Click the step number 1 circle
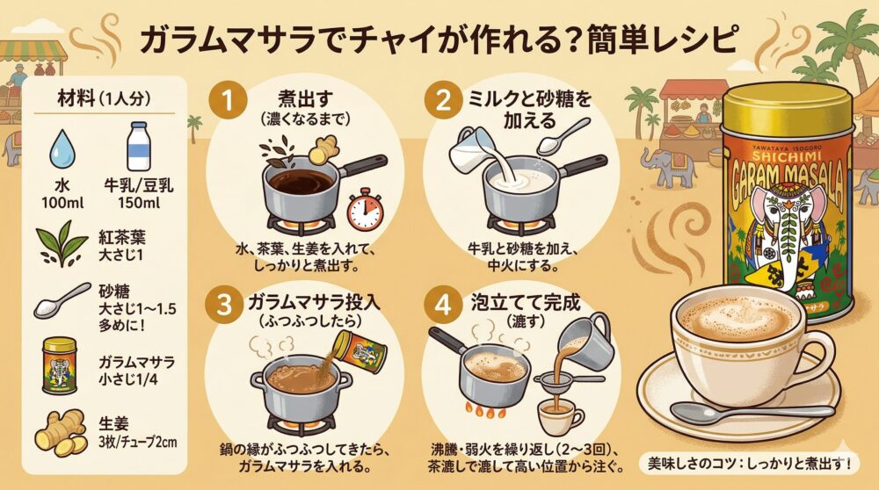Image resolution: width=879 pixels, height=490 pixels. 228,101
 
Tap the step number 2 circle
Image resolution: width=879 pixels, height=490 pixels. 443,101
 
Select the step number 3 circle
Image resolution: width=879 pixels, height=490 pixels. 224,306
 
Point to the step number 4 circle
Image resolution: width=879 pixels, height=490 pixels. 443,306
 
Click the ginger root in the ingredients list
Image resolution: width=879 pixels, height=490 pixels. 61,433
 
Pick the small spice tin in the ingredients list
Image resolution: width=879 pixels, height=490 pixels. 60,365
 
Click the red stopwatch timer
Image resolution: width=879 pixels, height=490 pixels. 366,210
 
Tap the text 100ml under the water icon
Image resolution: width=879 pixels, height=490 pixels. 62,203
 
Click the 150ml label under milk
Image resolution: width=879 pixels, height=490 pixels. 139,203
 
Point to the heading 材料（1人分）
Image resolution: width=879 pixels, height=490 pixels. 105,99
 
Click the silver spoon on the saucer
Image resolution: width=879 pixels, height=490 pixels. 752,413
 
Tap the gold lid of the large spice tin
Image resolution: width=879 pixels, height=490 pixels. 787,110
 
